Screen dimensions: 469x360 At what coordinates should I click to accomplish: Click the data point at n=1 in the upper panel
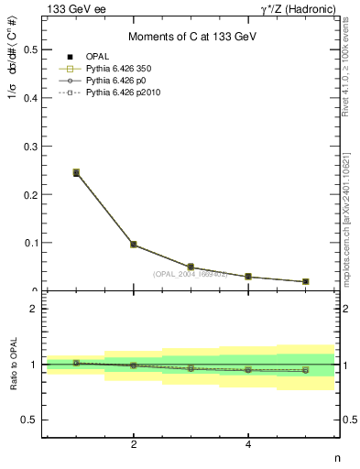(76, 172)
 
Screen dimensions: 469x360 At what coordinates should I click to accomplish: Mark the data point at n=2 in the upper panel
(134, 245)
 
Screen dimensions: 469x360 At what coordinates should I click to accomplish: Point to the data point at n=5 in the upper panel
(305, 281)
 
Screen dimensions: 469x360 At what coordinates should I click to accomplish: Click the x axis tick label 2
(134, 445)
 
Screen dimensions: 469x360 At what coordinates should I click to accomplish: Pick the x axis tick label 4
(248, 445)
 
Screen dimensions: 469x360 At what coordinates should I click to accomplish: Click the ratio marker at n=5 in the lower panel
(305, 370)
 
